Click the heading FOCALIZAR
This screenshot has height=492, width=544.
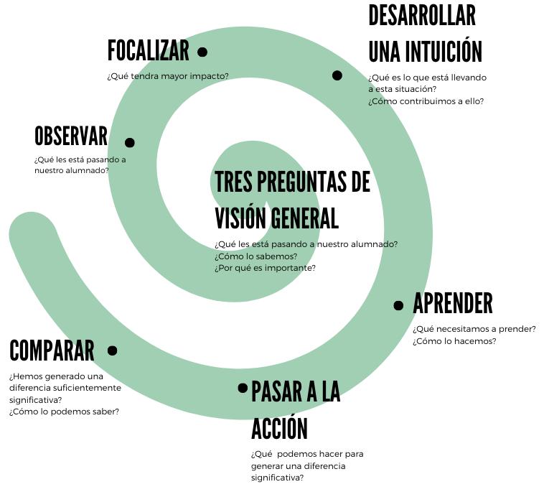(148, 51)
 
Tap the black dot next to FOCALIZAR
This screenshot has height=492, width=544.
(202, 52)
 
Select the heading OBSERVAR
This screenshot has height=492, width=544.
(70, 136)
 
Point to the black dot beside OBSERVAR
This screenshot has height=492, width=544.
(130, 143)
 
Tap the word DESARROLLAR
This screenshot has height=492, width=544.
(422, 15)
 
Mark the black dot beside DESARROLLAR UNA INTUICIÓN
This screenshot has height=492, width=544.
(337, 75)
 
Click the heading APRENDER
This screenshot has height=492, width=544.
(453, 304)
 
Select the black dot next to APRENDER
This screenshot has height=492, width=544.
(399, 306)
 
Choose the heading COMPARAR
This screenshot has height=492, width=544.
(52, 351)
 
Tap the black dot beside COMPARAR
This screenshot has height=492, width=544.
(113, 351)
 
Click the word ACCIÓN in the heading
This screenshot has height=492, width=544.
(279, 429)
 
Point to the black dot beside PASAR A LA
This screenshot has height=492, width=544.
(243, 388)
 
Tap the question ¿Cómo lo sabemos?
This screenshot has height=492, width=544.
(245, 256)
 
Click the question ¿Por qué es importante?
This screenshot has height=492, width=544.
(265, 268)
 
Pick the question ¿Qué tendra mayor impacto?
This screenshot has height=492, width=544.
(168, 75)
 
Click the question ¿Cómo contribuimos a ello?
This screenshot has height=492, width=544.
(426, 101)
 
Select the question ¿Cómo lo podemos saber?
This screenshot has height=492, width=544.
(64, 412)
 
